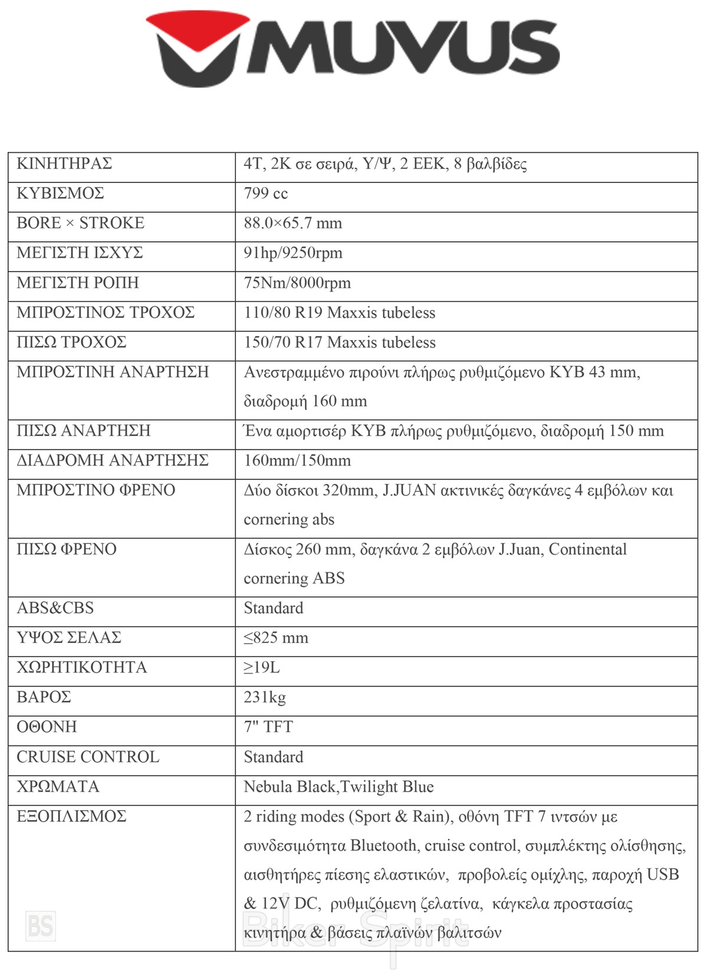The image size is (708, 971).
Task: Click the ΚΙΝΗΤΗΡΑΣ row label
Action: tap(64, 163)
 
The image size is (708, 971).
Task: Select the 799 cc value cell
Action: tap(265, 193)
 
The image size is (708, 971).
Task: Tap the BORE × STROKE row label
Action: tap(80, 223)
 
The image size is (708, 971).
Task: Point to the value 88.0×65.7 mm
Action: tap(293, 223)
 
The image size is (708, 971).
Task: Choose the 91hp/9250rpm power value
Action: tap(293, 253)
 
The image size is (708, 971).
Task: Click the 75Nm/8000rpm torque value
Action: tap(297, 283)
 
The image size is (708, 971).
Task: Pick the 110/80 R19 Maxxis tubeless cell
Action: tap(339, 313)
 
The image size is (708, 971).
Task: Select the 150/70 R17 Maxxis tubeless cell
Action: tap(339, 342)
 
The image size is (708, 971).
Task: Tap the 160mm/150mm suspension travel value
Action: tap(297, 461)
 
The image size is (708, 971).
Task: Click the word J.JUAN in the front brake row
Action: tap(409, 490)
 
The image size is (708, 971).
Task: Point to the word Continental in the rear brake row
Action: tap(588, 549)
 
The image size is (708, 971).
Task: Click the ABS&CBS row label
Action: tap(55, 608)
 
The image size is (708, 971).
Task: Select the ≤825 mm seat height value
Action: tap(276, 638)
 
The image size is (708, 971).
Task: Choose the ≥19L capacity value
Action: tap(261, 668)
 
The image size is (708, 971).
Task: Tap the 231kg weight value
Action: tap(264, 697)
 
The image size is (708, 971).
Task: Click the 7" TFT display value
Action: tap(268, 727)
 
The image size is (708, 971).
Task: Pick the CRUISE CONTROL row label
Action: tap(88, 757)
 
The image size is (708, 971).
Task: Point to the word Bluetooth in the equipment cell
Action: tap(384, 846)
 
